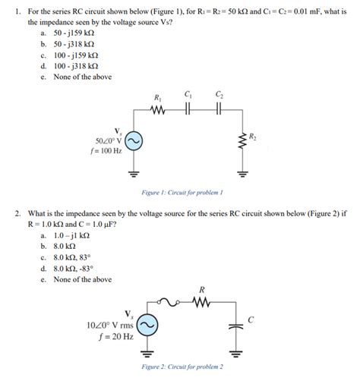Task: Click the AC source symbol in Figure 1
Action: [x=134, y=141]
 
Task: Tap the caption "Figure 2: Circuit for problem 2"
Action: [x=182, y=367]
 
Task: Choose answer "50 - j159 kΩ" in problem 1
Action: [x=74, y=34]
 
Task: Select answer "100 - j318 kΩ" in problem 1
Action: [x=75, y=66]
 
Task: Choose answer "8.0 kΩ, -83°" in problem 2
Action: [x=74, y=268]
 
